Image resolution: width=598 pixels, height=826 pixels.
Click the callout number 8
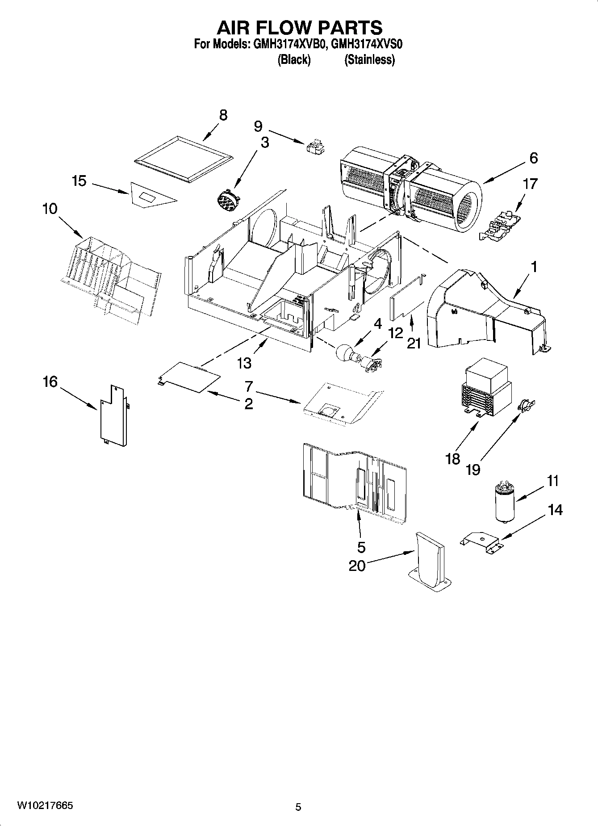click(223, 115)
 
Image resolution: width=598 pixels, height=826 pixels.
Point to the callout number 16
click(50, 382)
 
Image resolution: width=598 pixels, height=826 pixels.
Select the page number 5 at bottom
click(298, 807)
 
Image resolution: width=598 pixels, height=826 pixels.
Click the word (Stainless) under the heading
click(369, 60)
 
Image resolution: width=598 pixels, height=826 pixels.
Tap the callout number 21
click(414, 343)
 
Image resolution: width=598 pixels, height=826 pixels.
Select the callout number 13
click(244, 363)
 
